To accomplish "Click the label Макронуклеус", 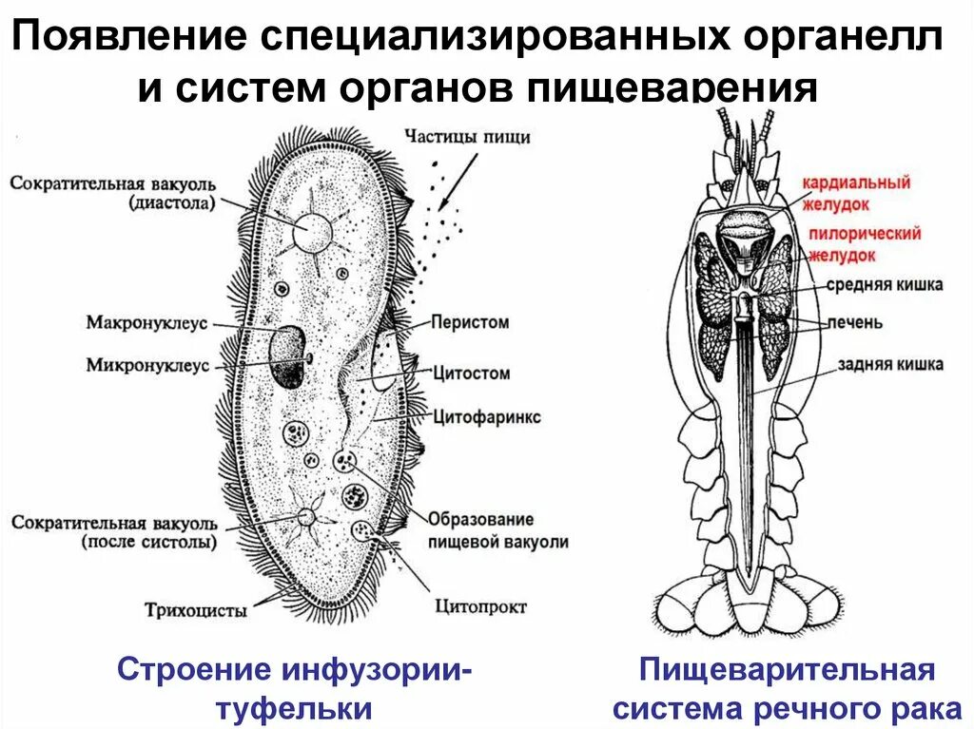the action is tap(146, 323).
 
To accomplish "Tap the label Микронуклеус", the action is tap(146, 365).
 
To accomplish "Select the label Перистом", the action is tap(470, 323).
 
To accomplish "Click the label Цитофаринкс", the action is tap(485, 416).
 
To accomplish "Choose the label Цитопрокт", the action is tap(480, 605).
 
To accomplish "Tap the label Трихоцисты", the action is tap(196, 609).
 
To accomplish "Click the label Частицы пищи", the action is tap(466, 137).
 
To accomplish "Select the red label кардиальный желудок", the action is tap(855, 192).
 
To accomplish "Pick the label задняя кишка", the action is tap(890, 364).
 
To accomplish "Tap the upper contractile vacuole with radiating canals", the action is tap(311, 230).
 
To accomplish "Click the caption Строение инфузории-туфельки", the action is tap(294, 688).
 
